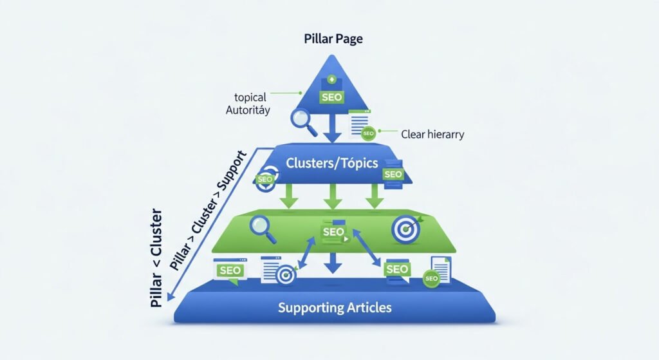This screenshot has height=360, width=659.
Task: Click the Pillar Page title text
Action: click(333, 39)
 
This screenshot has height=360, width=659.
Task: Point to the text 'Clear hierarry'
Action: click(432, 135)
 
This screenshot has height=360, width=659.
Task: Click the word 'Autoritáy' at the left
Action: click(248, 110)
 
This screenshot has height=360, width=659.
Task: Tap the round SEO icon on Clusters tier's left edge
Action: click(265, 180)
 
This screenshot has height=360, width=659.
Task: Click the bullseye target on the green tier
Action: click(405, 230)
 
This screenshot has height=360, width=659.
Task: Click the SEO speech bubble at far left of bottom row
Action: click(230, 270)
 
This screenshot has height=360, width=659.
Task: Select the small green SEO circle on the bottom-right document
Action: click(431, 278)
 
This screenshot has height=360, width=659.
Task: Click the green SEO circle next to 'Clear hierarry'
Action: click(368, 135)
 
